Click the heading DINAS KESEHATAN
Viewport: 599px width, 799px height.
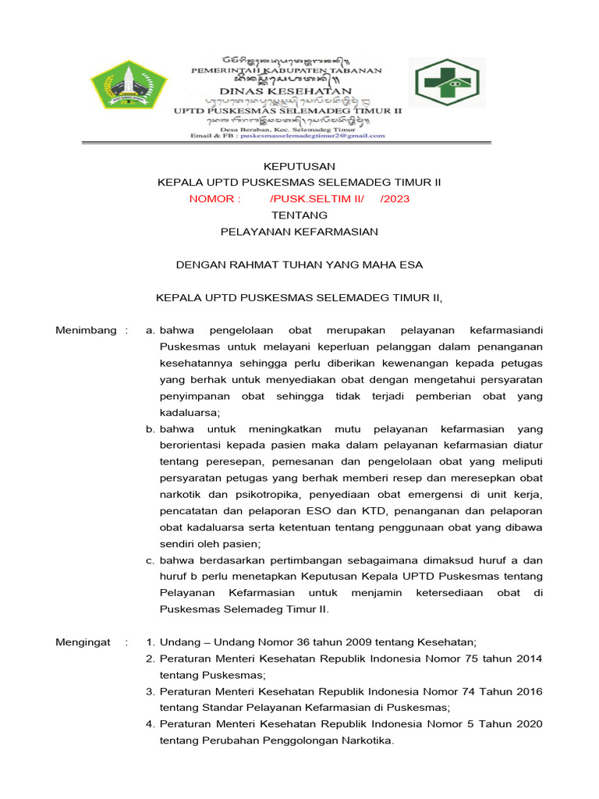point(287,91)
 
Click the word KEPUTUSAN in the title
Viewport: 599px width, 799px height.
point(299,166)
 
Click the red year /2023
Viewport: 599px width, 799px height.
point(395,199)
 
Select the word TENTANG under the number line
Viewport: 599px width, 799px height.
point(299,215)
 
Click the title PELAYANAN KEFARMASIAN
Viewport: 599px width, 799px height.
point(299,232)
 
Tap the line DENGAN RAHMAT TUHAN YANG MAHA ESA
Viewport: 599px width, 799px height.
point(299,265)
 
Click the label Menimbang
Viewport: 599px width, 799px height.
point(86,331)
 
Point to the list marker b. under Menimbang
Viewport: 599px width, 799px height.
point(151,429)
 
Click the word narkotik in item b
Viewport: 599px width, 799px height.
point(181,495)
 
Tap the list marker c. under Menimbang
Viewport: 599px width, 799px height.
point(151,560)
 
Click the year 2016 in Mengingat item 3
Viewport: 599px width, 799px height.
point(526,691)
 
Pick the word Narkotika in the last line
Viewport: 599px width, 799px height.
point(366,740)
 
